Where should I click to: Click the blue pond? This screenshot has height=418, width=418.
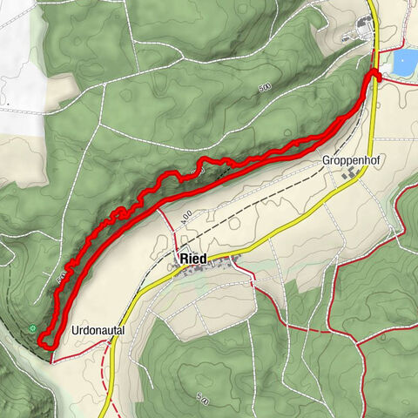[405, 62]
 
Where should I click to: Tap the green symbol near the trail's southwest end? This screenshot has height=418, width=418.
[32, 328]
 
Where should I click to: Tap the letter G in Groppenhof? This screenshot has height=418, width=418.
[326, 161]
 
